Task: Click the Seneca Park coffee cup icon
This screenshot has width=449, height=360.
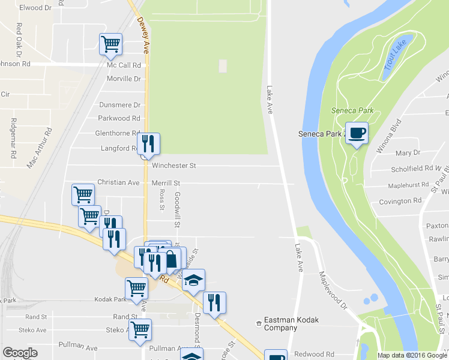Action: [x=357, y=133]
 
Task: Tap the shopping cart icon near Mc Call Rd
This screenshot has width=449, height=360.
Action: [x=110, y=43]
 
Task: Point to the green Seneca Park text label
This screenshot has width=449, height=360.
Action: [x=352, y=110]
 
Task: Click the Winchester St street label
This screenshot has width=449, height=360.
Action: [x=174, y=165]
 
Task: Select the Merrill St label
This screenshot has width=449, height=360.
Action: [x=166, y=182]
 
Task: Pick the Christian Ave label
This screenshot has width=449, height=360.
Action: [x=118, y=182]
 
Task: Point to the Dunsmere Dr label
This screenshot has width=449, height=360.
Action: [x=119, y=104]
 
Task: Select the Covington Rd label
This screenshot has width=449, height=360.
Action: [x=400, y=202]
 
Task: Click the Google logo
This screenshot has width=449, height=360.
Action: [x=20, y=353]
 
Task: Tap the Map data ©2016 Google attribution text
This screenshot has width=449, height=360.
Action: [x=412, y=355]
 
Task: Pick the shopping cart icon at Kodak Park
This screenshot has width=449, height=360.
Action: [x=136, y=287]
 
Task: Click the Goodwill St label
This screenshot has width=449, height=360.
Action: [x=178, y=210]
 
